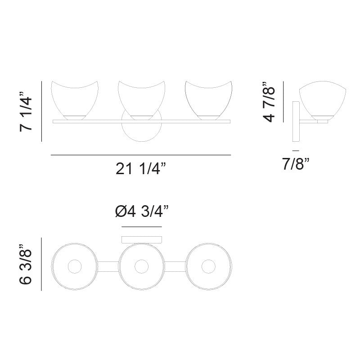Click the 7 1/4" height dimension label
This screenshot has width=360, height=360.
pyautogui.click(x=26, y=111)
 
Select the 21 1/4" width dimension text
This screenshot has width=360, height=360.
pyautogui.click(x=141, y=169)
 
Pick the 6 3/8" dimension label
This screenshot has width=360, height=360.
pyautogui.click(x=26, y=265)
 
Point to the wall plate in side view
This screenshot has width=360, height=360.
pyautogui.click(x=296, y=121)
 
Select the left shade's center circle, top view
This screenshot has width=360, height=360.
pyautogui.click(x=74, y=267)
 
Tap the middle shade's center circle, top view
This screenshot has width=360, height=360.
pyautogui.click(x=141, y=267)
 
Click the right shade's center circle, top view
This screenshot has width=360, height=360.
pyautogui.click(x=208, y=267)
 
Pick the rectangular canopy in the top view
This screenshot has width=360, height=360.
pyautogui.click(x=142, y=239)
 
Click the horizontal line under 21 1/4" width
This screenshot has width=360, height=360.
pyautogui.click(x=141, y=155)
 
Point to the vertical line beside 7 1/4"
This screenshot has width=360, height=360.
pyautogui.click(x=41, y=111)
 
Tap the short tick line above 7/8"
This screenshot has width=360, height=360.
pyautogui.click(x=295, y=149)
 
